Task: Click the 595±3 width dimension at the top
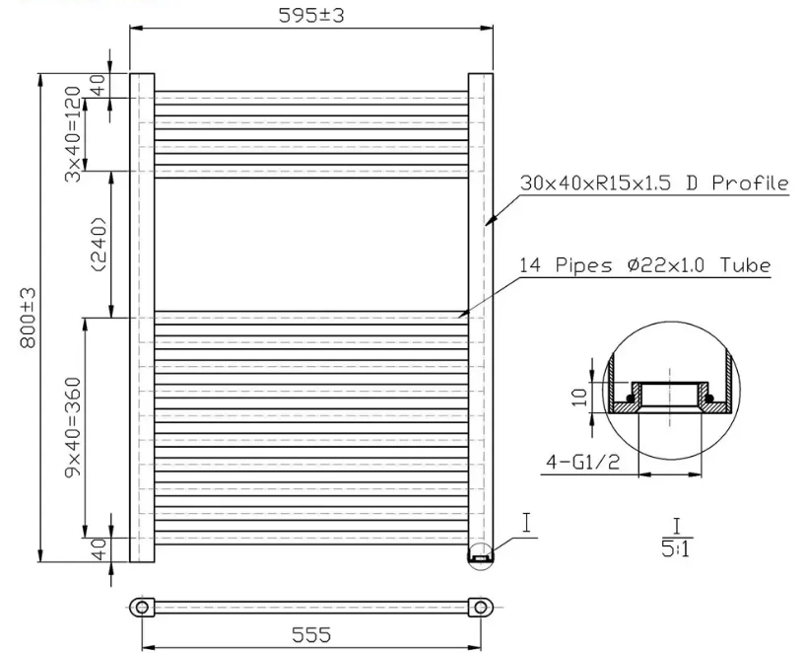(311, 16)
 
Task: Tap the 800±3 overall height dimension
(28, 318)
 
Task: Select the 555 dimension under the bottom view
(311, 635)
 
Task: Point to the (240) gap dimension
(99, 245)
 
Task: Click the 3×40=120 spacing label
(74, 134)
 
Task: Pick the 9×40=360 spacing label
(74, 427)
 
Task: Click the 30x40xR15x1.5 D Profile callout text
(654, 182)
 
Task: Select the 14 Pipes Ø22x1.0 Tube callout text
(644, 265)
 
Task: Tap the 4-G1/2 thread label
(582, 462)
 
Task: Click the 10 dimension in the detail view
(580, 397)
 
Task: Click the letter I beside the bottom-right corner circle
(527, 523)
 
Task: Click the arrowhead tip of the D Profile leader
(486, 225)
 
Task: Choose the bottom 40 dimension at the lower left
(99, 548)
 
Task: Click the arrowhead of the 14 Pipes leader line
(458, 317)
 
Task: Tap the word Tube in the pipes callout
(746, 265)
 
